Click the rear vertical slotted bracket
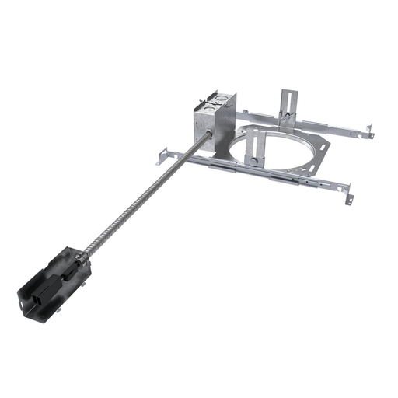(x=285, y=106)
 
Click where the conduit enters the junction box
(x=208, y=138)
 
